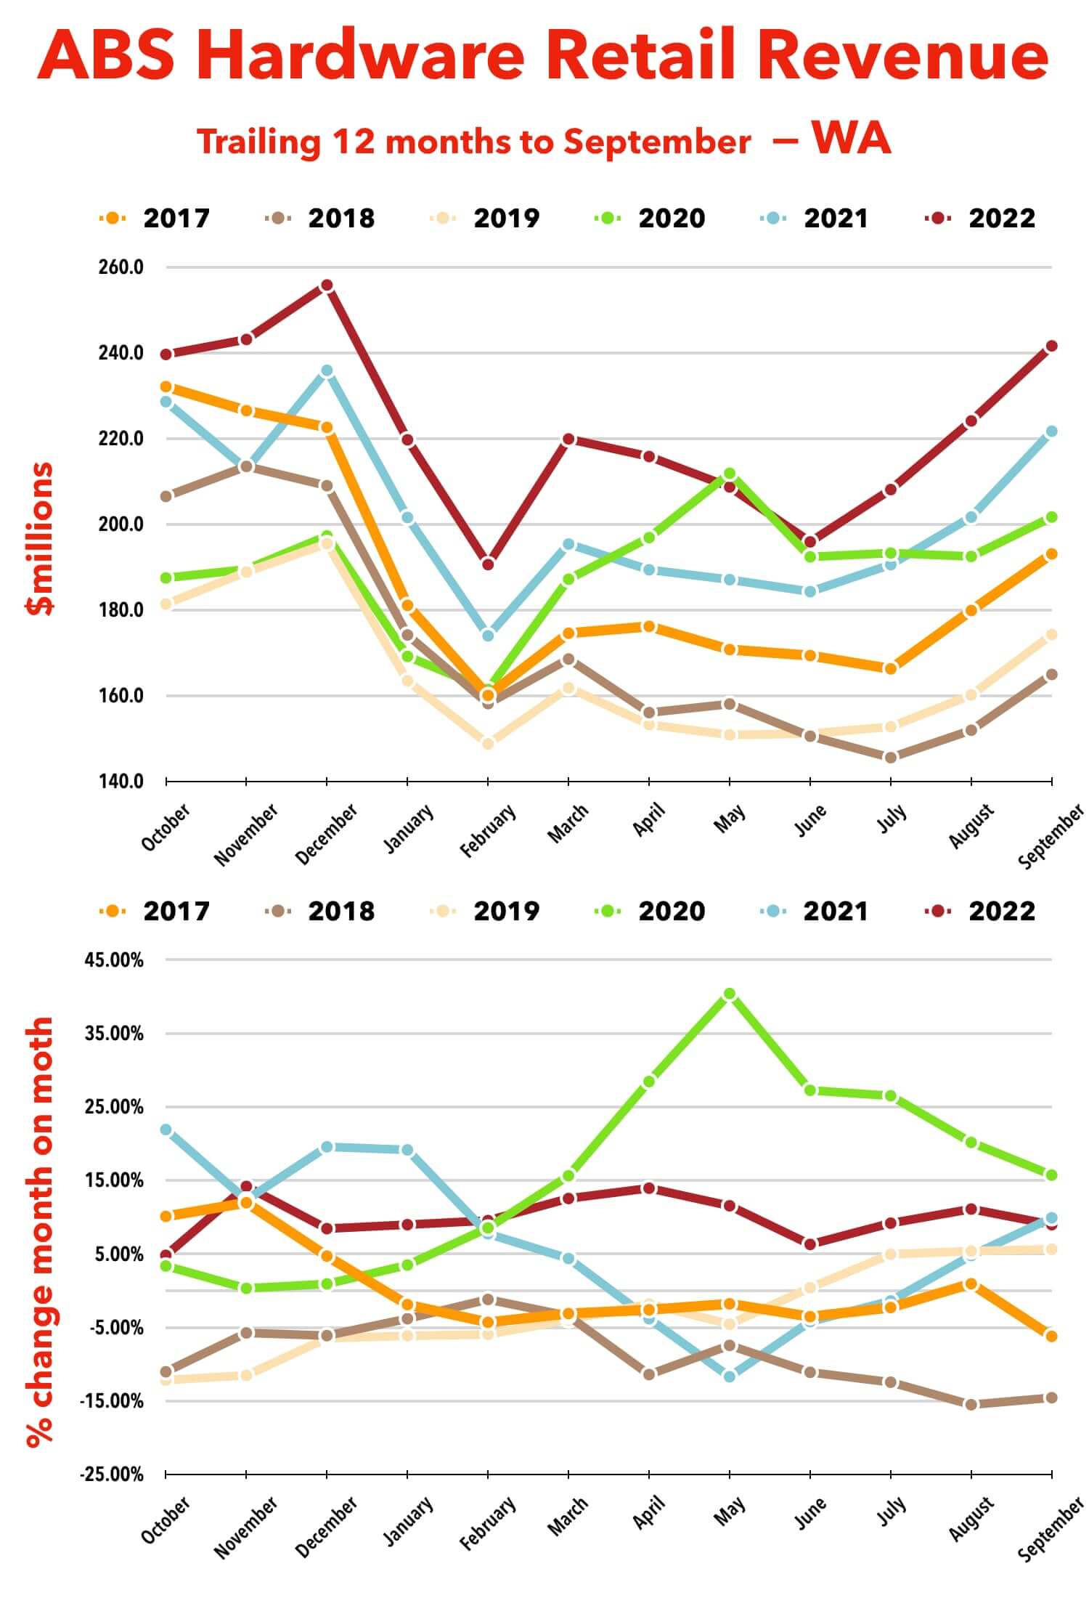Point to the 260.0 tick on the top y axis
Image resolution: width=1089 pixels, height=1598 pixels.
tap(121, 267)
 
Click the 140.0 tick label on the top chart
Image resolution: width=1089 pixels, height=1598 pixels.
tap(121, 782)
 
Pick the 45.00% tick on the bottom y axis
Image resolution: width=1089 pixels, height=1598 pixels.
tap(115, 960)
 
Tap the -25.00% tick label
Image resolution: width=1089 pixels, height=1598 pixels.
tap(113, 1475)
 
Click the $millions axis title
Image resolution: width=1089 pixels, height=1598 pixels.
tap(40, 538)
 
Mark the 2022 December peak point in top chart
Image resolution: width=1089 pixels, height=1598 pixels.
tap(327, 285)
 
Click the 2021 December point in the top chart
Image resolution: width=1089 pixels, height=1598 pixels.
tap(327, 371)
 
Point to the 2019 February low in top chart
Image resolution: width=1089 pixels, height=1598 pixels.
tap(488, 743)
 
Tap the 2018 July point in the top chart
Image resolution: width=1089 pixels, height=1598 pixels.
tap(891, 758)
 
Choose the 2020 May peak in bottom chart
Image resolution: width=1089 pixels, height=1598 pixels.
tap(730, 994)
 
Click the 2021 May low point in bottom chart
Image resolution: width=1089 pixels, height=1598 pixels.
tap(730, 1376)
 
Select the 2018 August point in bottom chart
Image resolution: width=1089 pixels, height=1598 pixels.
tap(971, 1405)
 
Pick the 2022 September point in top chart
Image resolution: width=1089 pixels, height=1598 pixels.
tap(1051, 346)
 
